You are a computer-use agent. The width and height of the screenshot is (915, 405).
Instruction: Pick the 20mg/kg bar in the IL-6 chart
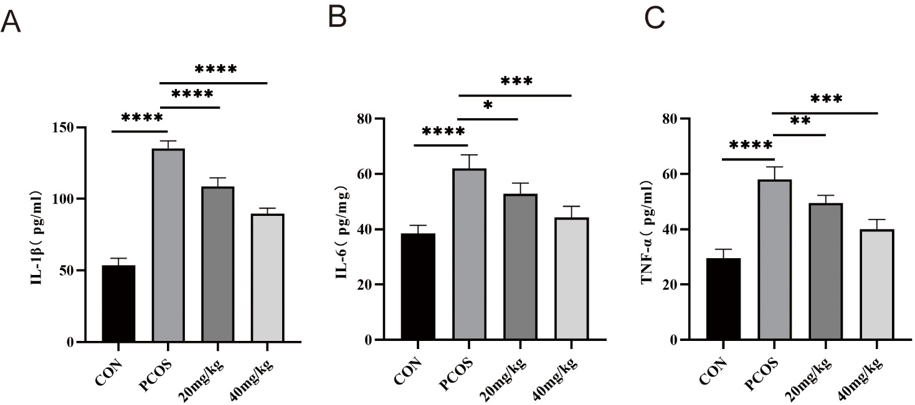click(519, 267)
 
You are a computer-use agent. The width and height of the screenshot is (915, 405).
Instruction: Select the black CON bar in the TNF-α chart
click(723, 299)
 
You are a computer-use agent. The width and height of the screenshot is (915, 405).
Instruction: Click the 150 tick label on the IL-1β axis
click(62, 128)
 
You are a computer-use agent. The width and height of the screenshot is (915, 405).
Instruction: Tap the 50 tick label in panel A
click(65, 271)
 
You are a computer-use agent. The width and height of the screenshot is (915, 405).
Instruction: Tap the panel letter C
click(654, 19)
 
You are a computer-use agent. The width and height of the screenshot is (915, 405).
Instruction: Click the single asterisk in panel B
click(488, 106)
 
